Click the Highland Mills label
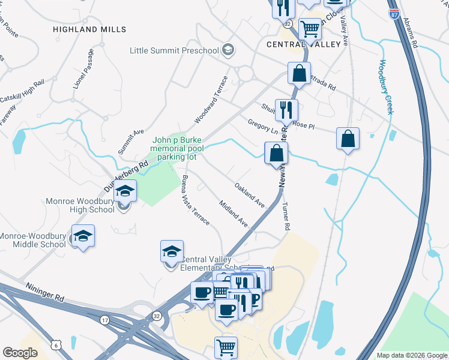click(x=89, y=29)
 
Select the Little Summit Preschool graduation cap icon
click(x=228, y=50)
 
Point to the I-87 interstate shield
click(x=394, y=13)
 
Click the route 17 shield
click(x=105, y=321)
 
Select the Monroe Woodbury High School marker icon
click(x=125, y=192)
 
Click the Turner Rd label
click(x=286, y=217)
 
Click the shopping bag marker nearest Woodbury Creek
click(x=348, y=139)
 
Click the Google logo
click(x=20, y=353)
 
